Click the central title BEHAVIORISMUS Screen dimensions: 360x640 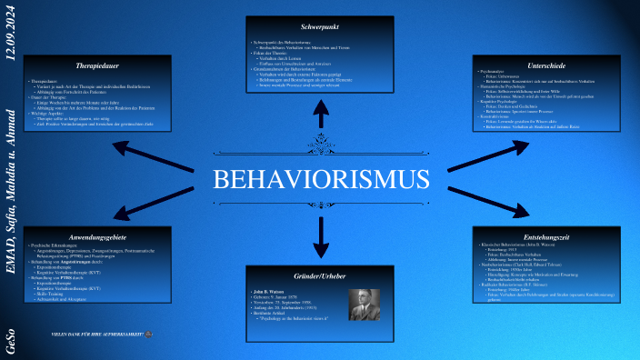click(x=320, y=178)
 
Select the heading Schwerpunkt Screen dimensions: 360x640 click(x=320, y=27)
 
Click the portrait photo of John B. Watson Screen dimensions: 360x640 click(x=365, y=305)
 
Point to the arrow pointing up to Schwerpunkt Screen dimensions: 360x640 click(x=321, y=112)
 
